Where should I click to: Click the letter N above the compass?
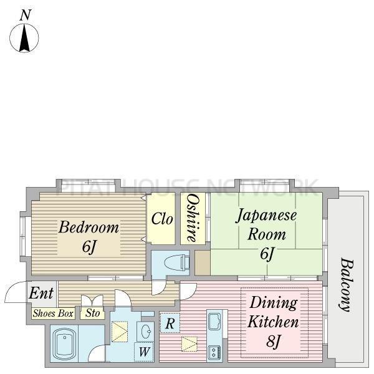click(x=26, y=15)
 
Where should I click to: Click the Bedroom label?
click(x=89, y=228)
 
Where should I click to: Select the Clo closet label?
click(x=162, y=219)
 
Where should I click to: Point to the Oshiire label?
click(x=193, y=218)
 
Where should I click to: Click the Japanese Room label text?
click(x=266, y=224)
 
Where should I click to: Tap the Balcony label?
click(x=347, y=285)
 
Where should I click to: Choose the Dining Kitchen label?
click(x=274, y=312)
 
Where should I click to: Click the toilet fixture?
click(x=177, y=262)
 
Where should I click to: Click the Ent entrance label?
click(x=41, y=293)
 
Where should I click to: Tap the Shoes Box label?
click(x=53, y=313)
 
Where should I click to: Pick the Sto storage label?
click(x=92, y=313)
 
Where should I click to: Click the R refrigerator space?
click(x=170, y=323)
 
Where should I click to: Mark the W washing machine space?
click(x=145, y=352)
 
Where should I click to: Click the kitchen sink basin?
click(x=214, y=322)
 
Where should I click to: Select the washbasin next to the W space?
click(x=146, y=332)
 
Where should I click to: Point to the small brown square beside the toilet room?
click(x=203, y=262)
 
